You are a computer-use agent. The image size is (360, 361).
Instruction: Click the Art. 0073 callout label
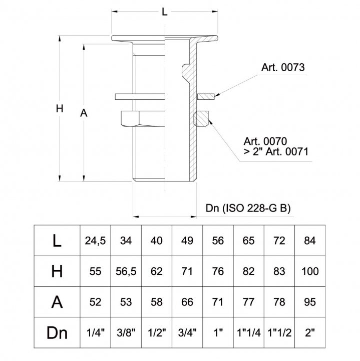(283, 68)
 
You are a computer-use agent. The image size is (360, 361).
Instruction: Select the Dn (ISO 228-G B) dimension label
(248, 208)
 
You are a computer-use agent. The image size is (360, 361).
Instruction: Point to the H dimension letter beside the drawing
(60, 109)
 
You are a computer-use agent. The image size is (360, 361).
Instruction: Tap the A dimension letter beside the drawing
(84, 114)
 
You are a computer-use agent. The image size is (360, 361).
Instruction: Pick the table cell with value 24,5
(95, 241)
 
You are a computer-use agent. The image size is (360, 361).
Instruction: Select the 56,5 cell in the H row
(126, 271)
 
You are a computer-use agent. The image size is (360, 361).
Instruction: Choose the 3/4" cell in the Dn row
(187, 332)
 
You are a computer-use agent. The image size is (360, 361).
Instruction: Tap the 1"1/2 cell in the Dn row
(279, 332)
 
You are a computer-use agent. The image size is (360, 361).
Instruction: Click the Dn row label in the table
(57, 332)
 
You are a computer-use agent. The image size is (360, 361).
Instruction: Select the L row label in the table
(57, 241)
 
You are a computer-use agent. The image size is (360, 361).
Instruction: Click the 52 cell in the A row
(95, 302)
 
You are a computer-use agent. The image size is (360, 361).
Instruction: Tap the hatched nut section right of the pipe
(201, 119)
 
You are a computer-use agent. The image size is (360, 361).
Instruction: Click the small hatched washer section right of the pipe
(205, 95)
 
